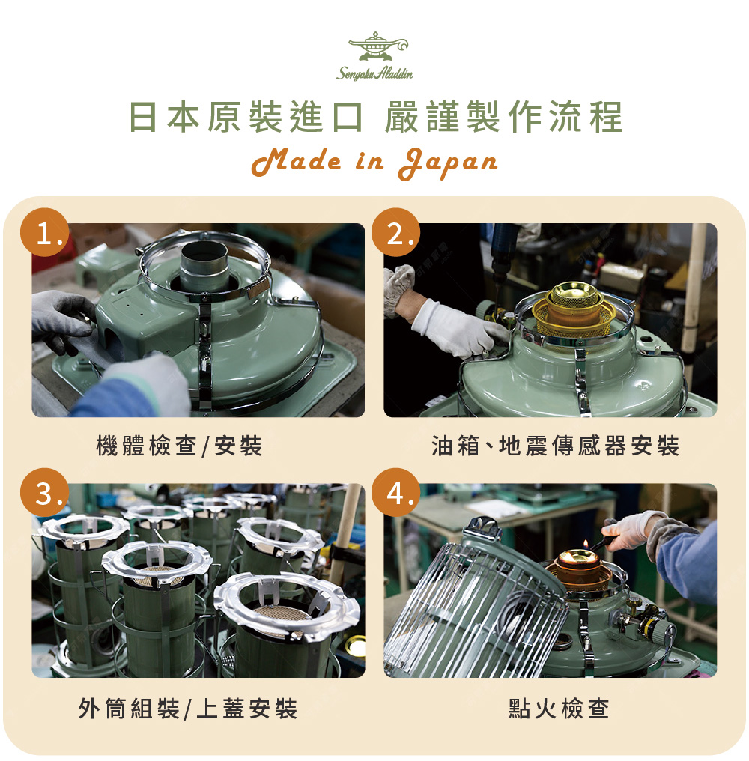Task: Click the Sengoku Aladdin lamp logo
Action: click(377, 46)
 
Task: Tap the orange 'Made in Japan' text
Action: click(374, 163)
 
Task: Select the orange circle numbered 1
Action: click(45, 232)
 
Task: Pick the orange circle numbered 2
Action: click(395, 232)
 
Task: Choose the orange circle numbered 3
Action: click(45, 493)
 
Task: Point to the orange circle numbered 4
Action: click(395, 493)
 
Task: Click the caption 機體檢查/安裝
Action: click(179, 446)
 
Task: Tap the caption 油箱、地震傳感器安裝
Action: click(555, 446)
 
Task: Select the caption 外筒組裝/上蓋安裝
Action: click(187, 709)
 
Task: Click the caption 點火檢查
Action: click(559, 709)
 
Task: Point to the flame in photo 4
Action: click(586, 545)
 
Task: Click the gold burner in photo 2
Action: click(574, 308)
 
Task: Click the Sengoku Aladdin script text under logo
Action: click(374, 73)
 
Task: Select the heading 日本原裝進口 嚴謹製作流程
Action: click(375, 117)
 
